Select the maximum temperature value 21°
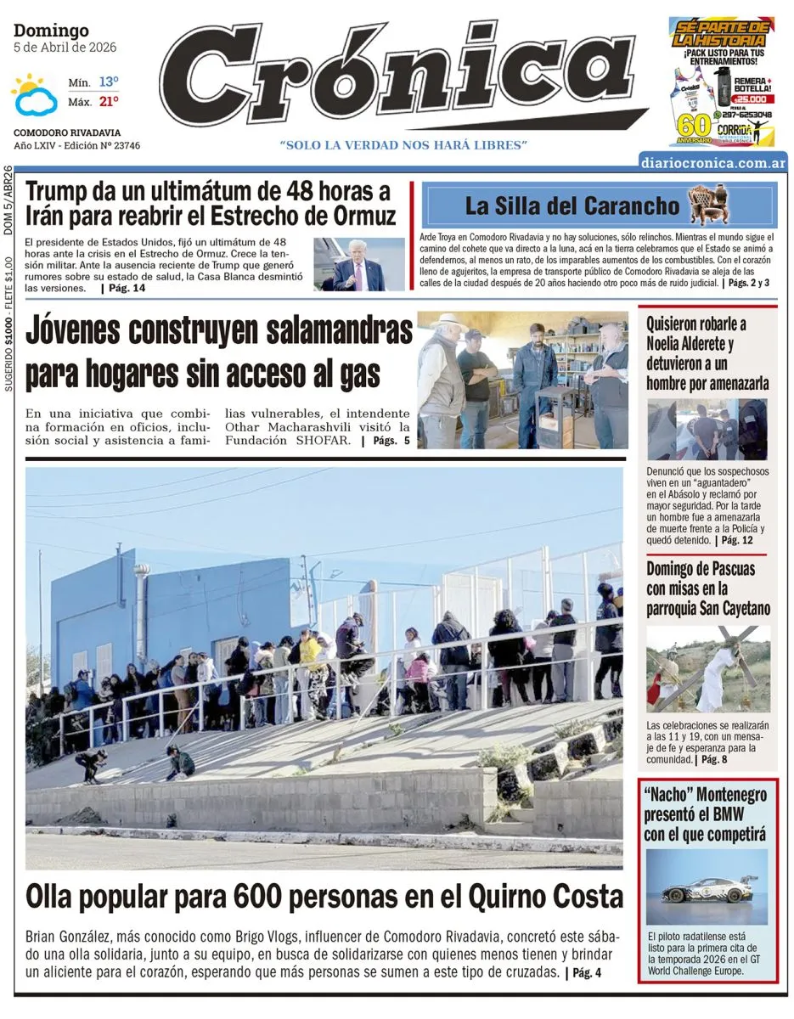click(108, 102)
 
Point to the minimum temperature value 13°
click(108, 82)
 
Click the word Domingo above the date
click(51, 31)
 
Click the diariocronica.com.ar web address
click(712, 163)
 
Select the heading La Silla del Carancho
click(572, 205)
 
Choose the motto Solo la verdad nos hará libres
click(403, 145)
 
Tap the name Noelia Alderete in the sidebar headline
click(690, 344)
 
